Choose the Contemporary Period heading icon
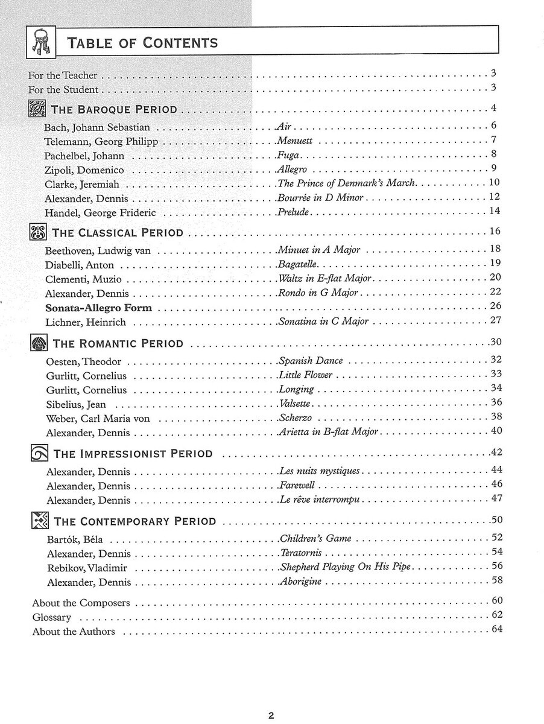pyautogui.click(x=39, y=521)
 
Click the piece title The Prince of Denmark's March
pyautogui.click(x=347, y=183)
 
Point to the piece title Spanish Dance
pyautogui.click(x=311, y=361)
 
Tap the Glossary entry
pyautogui.click(x=52, y=617)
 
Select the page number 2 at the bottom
pyautogui.click(x=271, y=699)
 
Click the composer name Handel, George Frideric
pyautogui.click(x=100, y=212)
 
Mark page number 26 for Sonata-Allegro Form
pyautogui.click(x=496, y=306)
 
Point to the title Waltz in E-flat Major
pyautogui.click(x=325, y=279)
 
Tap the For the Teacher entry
pyautogui.click(x=63, y=76)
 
